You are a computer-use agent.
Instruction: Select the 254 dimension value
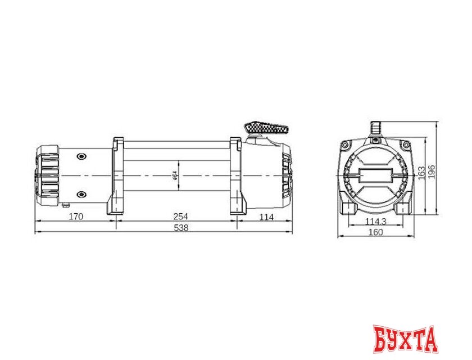pyautogui.click(x=180, y=217)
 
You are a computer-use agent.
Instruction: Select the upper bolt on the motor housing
pyautogui.click(x=82, y=156)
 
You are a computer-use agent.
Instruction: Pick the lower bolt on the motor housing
pyautogui.click(x=82, y=195)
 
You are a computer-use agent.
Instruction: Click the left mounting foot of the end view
pyautogui.click(x=347, y=208)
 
